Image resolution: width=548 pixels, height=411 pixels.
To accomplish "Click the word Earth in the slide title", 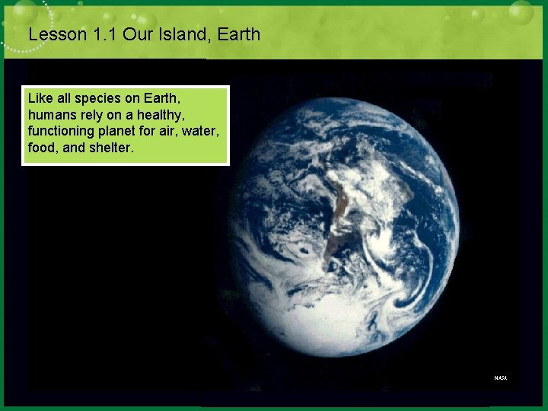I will click(237, 34).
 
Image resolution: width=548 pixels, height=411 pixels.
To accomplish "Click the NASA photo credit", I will click(500, 378).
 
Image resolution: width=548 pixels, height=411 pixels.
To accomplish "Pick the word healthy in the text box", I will click(153, 115).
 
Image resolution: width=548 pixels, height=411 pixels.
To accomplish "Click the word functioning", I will click(60, 131).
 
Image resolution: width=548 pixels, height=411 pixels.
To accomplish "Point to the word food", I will click(41, 147).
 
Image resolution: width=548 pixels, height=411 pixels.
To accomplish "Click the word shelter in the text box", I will click(112, 147).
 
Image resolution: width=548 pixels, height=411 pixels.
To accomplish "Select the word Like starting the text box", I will click(39, 99).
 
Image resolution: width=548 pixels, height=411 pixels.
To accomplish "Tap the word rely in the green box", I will click(90, 115).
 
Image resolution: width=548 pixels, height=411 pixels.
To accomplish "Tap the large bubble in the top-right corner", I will click(521, 12).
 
